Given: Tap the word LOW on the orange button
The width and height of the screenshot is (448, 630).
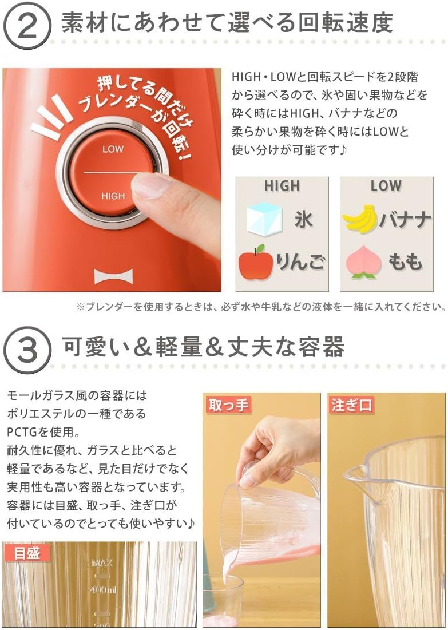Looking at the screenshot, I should pos(113,149).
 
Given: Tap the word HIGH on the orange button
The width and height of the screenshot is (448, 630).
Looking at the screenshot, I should pos(113,196).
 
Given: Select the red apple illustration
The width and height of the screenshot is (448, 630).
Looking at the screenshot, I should pos(255,262).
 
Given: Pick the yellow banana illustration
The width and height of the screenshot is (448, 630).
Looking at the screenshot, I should pos(360,219).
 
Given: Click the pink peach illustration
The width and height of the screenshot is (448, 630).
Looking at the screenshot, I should pos(363,262).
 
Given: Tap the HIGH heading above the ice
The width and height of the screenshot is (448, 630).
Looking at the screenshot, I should pos(282,186).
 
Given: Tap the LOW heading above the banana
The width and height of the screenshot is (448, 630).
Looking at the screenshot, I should pos(386,186).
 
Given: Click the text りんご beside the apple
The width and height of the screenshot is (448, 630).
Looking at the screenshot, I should pos(300,263).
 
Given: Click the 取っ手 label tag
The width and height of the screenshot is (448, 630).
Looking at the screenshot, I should pos(228,406).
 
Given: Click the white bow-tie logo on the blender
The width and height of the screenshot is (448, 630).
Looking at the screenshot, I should pos(113,277).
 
